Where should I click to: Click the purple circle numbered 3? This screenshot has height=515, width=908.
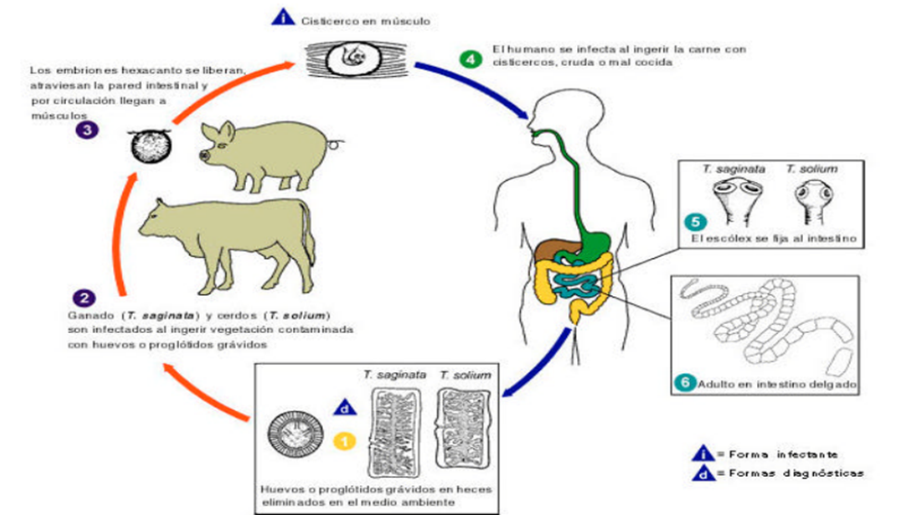87,129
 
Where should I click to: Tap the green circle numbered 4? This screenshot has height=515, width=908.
471,59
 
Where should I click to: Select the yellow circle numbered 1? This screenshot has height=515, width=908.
345,442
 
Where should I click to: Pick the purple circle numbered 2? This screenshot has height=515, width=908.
84,298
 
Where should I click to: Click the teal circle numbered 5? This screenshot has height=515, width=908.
695,222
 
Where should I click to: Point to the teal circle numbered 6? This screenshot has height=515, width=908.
685,382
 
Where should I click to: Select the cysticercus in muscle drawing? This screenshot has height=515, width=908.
356,59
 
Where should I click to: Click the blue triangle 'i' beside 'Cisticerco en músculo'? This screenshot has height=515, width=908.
283,17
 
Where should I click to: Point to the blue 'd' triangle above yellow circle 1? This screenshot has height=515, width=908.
345,408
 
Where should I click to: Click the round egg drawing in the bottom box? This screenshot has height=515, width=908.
296,434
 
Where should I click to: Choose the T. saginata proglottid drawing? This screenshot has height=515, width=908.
394,433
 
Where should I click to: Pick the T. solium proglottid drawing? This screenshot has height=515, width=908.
463,429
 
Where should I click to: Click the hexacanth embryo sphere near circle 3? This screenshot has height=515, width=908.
150,146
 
